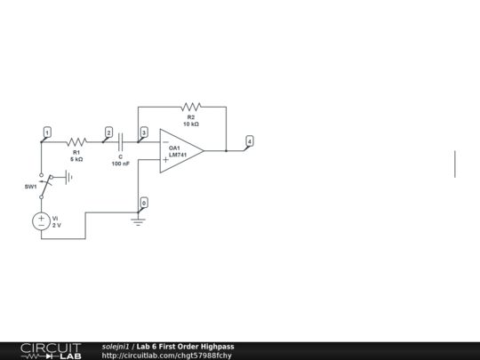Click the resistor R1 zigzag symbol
[x=76, y=141]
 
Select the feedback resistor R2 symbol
[x=191, y=107]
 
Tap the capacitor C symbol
[x=120, y=141]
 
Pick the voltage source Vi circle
[x=41, y=221]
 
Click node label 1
[x=47, y=132]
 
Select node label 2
[x=108, y=132]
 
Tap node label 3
[x=144, y=132]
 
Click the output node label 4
[x=249, y=140]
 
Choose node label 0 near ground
[x=144, y=203]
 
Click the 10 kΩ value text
[x=191, y=124]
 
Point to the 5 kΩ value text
[x=76, y=159]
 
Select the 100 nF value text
[x=120, y=164]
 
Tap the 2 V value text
[x=57, y=226]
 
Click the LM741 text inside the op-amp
[x=178, y=155]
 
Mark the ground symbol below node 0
[x=138, y=220]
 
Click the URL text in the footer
[x=167, y=356]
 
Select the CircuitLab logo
[x=51, y=350]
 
